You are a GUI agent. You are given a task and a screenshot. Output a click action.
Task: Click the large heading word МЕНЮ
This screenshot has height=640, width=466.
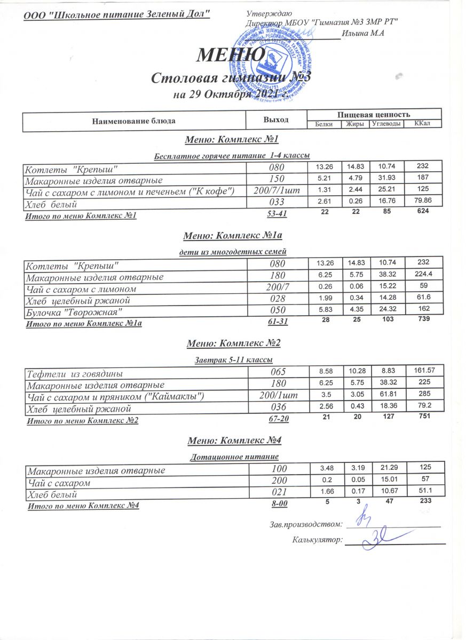tap(232, 54)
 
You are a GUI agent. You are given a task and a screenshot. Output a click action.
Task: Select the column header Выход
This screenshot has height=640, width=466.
tap(276, 120)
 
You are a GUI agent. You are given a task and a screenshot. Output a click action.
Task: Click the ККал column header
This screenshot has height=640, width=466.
tap(422, 124)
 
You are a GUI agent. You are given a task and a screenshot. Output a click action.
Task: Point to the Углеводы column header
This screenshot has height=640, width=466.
tap(386, 124)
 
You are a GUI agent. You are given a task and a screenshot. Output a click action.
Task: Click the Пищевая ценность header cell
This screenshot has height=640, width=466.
tap(374, 114)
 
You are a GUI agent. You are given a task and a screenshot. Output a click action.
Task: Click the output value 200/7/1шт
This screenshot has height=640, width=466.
tap(276, 190)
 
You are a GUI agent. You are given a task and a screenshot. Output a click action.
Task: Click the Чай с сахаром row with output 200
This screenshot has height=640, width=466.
tap(59, 483)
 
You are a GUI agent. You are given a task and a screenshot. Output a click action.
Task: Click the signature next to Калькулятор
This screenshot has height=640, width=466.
tap(376, 541)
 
